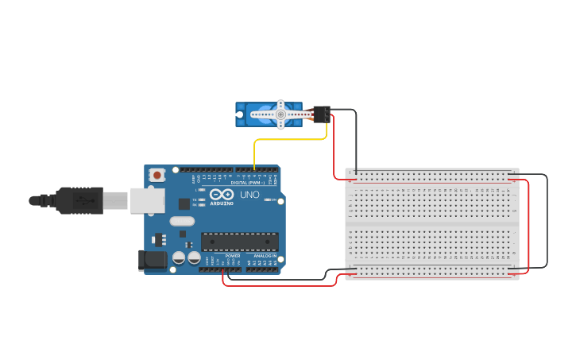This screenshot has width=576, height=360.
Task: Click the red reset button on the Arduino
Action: tap(157, 175)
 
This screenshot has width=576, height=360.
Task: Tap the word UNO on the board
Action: tap(249, 195)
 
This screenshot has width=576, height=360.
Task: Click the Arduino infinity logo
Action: tap(221, 195)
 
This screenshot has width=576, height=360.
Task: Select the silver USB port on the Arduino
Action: tap(148, 200)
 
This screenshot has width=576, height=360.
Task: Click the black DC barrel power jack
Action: tap(153, 260)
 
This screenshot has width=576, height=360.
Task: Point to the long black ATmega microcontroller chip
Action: tap(239, 242)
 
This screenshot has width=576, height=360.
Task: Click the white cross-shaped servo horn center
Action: tap(280, 114)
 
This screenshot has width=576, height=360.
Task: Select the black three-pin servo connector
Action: tap(322, 114)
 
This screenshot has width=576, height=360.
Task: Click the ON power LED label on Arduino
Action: tap(273, 199)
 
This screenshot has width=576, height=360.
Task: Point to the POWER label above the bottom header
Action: tap(232, 255)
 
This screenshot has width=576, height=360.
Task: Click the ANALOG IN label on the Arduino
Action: tap(265, 255)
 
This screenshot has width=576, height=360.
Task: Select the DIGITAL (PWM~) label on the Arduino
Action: tap(248, 182)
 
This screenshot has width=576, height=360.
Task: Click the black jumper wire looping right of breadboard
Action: tap(547, 223)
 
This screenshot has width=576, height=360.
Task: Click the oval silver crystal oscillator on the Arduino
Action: tap(181, 222)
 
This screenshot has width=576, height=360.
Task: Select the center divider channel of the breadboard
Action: tap(432, 226)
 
